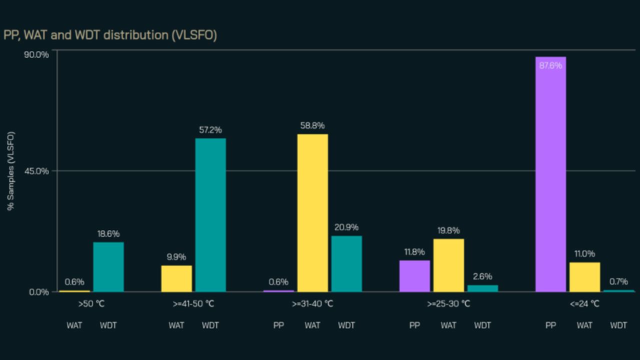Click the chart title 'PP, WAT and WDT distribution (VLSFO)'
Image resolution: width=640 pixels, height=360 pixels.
point(110,35)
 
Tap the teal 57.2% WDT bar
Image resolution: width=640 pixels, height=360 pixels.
point(210,215)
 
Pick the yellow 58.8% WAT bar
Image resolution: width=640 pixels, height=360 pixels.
point(312,213)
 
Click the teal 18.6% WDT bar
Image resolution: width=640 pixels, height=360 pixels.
point(108,267)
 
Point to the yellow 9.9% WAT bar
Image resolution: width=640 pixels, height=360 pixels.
point(176,278)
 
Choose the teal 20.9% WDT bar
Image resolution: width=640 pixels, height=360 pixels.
point(346,264)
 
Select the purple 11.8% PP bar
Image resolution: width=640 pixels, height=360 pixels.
point(414,276)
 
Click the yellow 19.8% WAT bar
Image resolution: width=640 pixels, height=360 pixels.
point(448,265)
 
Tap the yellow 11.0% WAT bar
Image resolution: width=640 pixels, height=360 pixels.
point(584,277)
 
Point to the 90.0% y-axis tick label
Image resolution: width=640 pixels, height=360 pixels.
point(36,54)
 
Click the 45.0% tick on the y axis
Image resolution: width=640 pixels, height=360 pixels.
point(36,171)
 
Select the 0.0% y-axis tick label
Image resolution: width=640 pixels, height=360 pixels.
point(39,292)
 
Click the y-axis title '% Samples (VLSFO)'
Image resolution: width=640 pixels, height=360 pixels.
point(11,171)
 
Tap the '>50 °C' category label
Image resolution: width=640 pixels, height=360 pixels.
point(91,304)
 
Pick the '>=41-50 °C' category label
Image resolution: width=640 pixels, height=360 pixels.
point(193,304)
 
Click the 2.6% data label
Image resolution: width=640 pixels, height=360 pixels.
point(482,276)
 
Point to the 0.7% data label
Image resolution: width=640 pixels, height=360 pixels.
point(618,282)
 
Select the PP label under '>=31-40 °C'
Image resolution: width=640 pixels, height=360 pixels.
point(278,325)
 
